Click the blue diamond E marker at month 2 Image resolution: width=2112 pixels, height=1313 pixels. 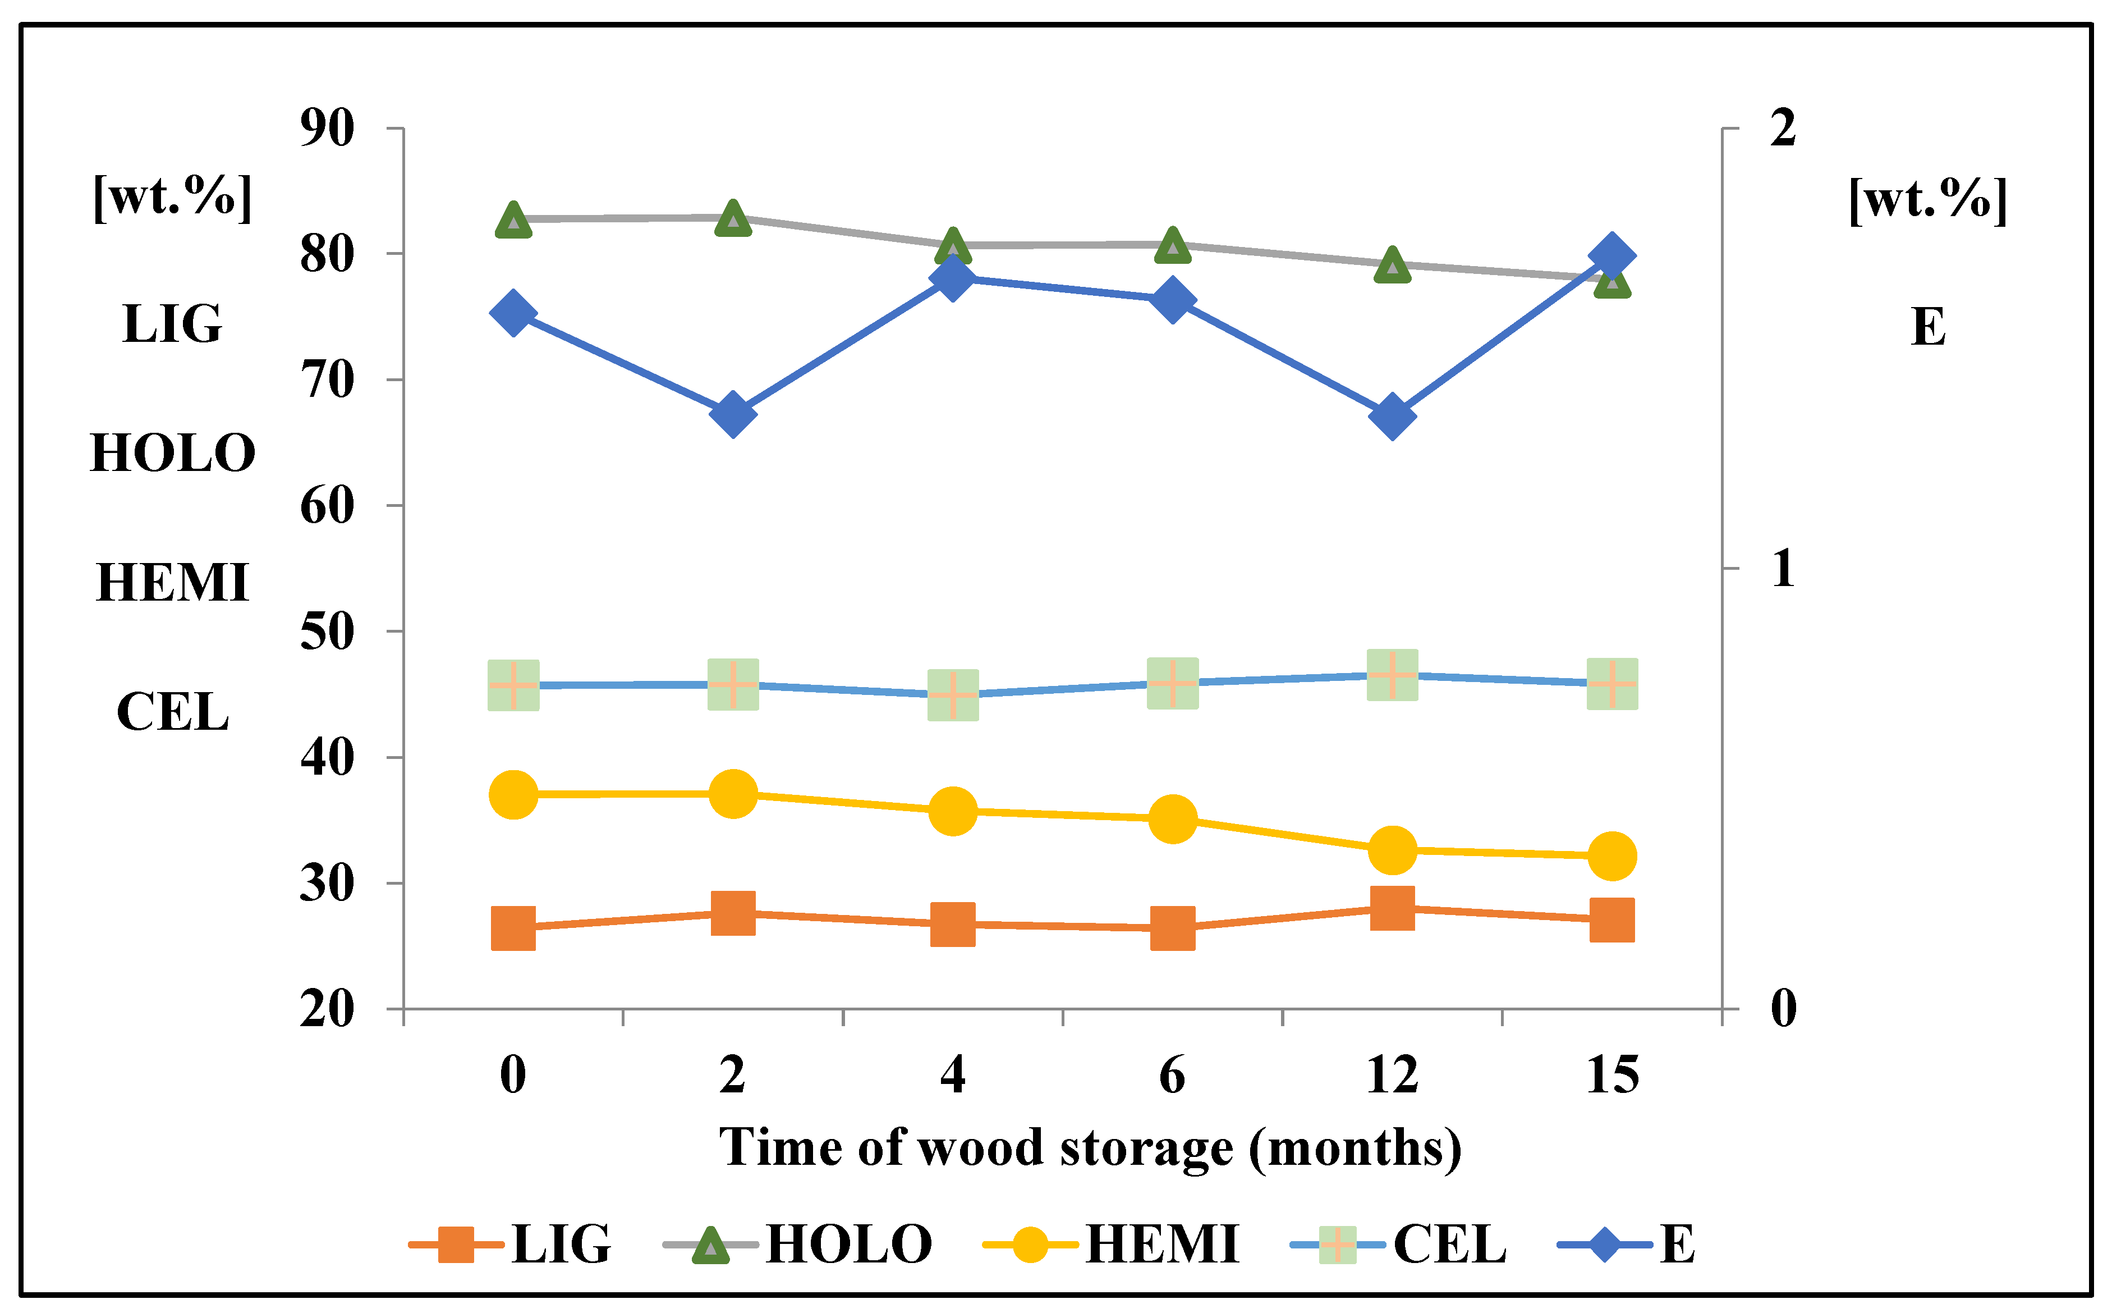click(733, 414)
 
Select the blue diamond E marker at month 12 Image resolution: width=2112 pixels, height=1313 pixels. click(1392, 416)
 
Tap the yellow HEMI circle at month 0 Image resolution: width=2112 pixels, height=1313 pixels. click(513, 794)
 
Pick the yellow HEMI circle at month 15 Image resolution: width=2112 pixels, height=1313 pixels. click(1612, 856)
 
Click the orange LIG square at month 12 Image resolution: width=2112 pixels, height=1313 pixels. click(1392, 908)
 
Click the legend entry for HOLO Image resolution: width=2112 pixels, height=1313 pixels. click(798, 1245)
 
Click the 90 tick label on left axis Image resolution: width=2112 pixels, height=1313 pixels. click(327, 129)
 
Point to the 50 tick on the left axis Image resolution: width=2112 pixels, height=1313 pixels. click(327, 632)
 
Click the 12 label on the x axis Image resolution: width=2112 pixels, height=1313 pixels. click(1392, 1075)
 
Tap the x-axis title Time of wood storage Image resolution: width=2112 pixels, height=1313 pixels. click(1090, 1148)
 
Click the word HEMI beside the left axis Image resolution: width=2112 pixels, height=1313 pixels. click(173, 582)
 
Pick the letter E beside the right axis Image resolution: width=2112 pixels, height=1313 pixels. click(1928, 327)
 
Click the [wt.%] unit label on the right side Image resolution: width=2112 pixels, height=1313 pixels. click(1928, 200)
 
